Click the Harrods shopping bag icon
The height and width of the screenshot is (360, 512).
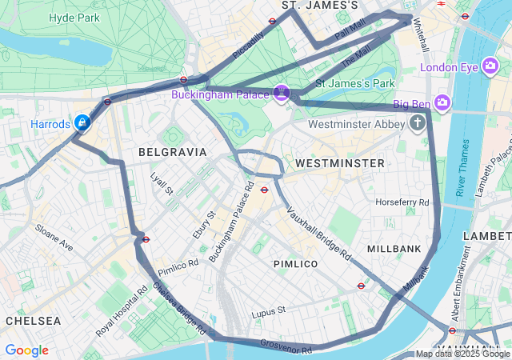click(82, 122)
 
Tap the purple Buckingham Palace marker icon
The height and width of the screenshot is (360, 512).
click(281, 94)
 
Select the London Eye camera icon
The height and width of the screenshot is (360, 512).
click(491, 67)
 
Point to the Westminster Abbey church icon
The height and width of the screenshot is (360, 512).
click(417, 123)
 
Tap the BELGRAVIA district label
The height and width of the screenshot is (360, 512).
click(172, 151)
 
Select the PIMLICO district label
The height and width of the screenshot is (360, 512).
click(295, 263)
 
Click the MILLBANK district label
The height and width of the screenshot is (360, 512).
click(394, 249)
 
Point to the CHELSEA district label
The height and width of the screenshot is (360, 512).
click(33, 320)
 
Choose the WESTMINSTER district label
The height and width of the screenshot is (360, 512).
click(340, 162)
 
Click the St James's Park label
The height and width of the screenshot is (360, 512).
click(355, 82)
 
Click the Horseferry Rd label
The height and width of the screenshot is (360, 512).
click(402, 202)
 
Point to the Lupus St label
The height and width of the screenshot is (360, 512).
click(268, 310)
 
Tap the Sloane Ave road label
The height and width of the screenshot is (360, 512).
click(54, 238)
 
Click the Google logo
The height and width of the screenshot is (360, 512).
click(26, 350)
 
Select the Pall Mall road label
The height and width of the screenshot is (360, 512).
click(350, 31)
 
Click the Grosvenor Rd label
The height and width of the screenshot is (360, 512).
click(286, 346)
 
